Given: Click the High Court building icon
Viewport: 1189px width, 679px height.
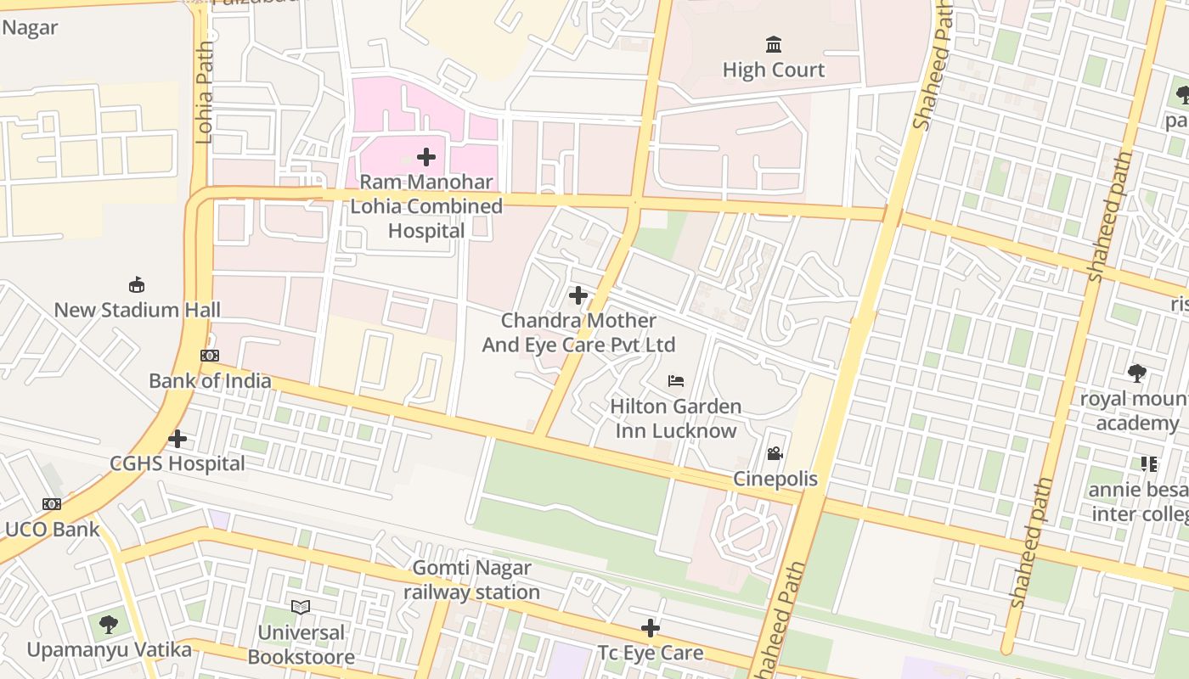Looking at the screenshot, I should point(774,44).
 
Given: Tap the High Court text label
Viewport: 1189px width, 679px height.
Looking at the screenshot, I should point(774,70).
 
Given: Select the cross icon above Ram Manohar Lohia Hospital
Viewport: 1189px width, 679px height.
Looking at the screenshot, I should point(426,157).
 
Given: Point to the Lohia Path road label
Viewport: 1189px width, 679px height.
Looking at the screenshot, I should point(204,93).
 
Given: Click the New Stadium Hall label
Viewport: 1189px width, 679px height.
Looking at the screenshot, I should point(137,310).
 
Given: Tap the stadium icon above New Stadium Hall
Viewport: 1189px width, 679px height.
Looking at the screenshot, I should point(136,284).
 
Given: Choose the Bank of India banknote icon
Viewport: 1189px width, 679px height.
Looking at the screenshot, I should point(210,356).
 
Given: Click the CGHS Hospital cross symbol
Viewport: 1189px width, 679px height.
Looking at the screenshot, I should point(178,439).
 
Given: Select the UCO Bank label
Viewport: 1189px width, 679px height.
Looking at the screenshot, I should point(52,530).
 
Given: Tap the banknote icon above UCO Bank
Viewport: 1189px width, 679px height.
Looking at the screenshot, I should point(52,504).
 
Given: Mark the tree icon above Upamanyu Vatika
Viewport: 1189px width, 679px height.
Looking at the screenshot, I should point(109,625).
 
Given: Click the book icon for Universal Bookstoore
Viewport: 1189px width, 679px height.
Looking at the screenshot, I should point(301,607).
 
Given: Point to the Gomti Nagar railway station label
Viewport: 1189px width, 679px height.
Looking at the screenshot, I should point(471,580).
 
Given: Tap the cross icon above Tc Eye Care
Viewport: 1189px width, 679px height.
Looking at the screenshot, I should point(651,628).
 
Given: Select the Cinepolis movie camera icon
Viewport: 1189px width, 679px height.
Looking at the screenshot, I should point(775,454).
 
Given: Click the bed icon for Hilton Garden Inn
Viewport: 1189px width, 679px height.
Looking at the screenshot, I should point(676,381).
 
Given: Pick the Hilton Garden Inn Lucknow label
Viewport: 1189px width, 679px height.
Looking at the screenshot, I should point(676,418).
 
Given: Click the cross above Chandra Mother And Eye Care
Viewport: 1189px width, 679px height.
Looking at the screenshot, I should point(578,295).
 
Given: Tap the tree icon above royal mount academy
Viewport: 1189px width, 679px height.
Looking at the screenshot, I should point(1137,373).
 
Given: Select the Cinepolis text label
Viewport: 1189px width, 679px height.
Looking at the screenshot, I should point(775,479).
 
